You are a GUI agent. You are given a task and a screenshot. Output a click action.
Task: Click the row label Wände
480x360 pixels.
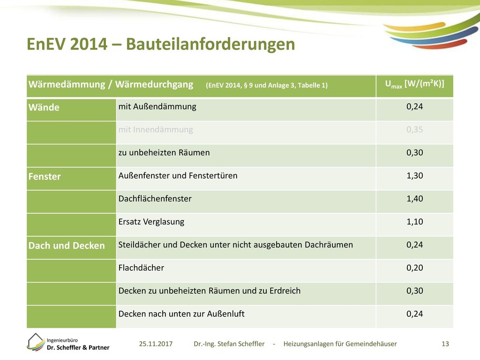point(44,107)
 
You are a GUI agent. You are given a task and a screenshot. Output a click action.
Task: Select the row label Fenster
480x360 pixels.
point(45,177)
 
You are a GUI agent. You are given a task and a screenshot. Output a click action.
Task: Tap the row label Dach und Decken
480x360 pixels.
point(67,246)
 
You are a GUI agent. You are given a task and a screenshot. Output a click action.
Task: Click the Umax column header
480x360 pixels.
point(414,84)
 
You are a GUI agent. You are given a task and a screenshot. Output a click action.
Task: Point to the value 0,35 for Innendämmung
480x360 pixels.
point(414,130)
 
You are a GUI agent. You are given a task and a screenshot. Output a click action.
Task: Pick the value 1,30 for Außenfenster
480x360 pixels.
point(414,176)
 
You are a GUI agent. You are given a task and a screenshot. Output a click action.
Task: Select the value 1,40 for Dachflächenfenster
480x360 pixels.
point(414,199)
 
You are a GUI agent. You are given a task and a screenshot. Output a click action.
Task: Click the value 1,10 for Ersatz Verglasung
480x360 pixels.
point(414,222)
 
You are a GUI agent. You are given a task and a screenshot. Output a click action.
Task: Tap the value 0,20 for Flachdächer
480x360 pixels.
point(414,268)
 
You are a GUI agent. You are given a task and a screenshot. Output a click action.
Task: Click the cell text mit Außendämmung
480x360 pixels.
point(157,107)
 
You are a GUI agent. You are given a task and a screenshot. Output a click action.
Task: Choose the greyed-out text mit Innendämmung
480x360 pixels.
point(156,130)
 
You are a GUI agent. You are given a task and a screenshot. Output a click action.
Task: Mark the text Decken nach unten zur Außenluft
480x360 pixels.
point(181,314)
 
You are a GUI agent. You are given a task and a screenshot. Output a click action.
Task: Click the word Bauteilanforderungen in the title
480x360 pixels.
point(210,44)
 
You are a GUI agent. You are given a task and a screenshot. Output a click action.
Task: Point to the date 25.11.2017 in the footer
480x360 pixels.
point(156,344)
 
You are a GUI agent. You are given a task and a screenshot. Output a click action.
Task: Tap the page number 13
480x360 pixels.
point(445,344)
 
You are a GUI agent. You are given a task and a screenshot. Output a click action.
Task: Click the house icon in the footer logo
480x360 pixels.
point(36,342)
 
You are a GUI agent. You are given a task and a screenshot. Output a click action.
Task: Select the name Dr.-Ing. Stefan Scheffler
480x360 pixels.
point(229,344)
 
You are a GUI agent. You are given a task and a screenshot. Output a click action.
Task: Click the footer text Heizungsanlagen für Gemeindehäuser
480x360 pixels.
point(340,344)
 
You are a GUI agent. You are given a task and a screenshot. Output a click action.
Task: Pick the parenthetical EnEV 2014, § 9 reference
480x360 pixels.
point(267,85)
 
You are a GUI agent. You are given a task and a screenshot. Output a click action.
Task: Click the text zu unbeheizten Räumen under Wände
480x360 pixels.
point(164,153)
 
